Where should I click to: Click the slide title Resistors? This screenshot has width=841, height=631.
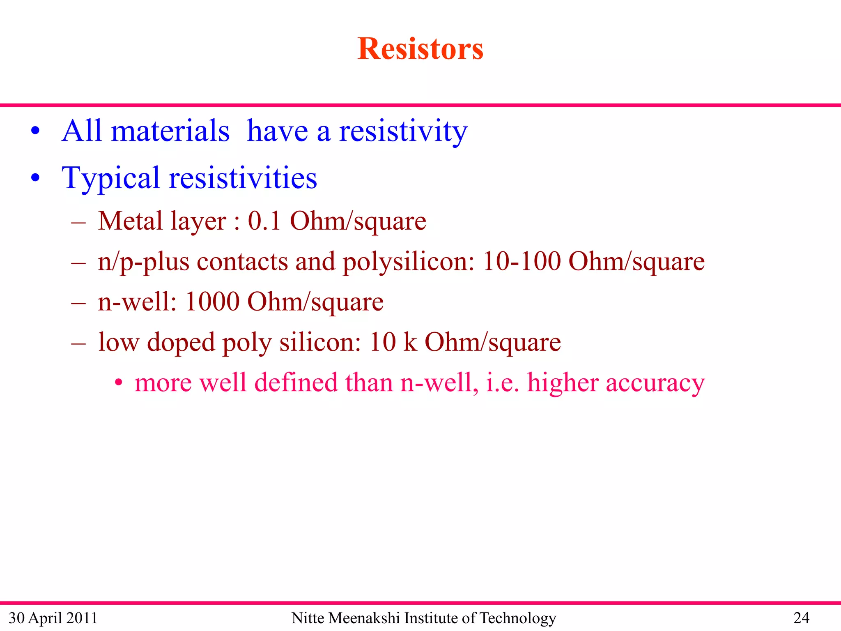pos(420,49)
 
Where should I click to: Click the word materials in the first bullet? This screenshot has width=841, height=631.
pos(170,131)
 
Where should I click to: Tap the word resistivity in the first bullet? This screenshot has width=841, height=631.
pos(403,131)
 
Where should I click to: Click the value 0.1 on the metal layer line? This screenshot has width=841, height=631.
pos(264,221)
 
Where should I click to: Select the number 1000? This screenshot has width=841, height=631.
pos(212,302)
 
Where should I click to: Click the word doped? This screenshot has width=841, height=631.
pos(181,342)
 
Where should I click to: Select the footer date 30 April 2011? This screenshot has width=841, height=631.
pos(53,618)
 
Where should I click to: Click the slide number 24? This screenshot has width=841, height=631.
pos(801,618)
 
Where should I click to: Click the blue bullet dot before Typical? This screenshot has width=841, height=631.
pos(36,178)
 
